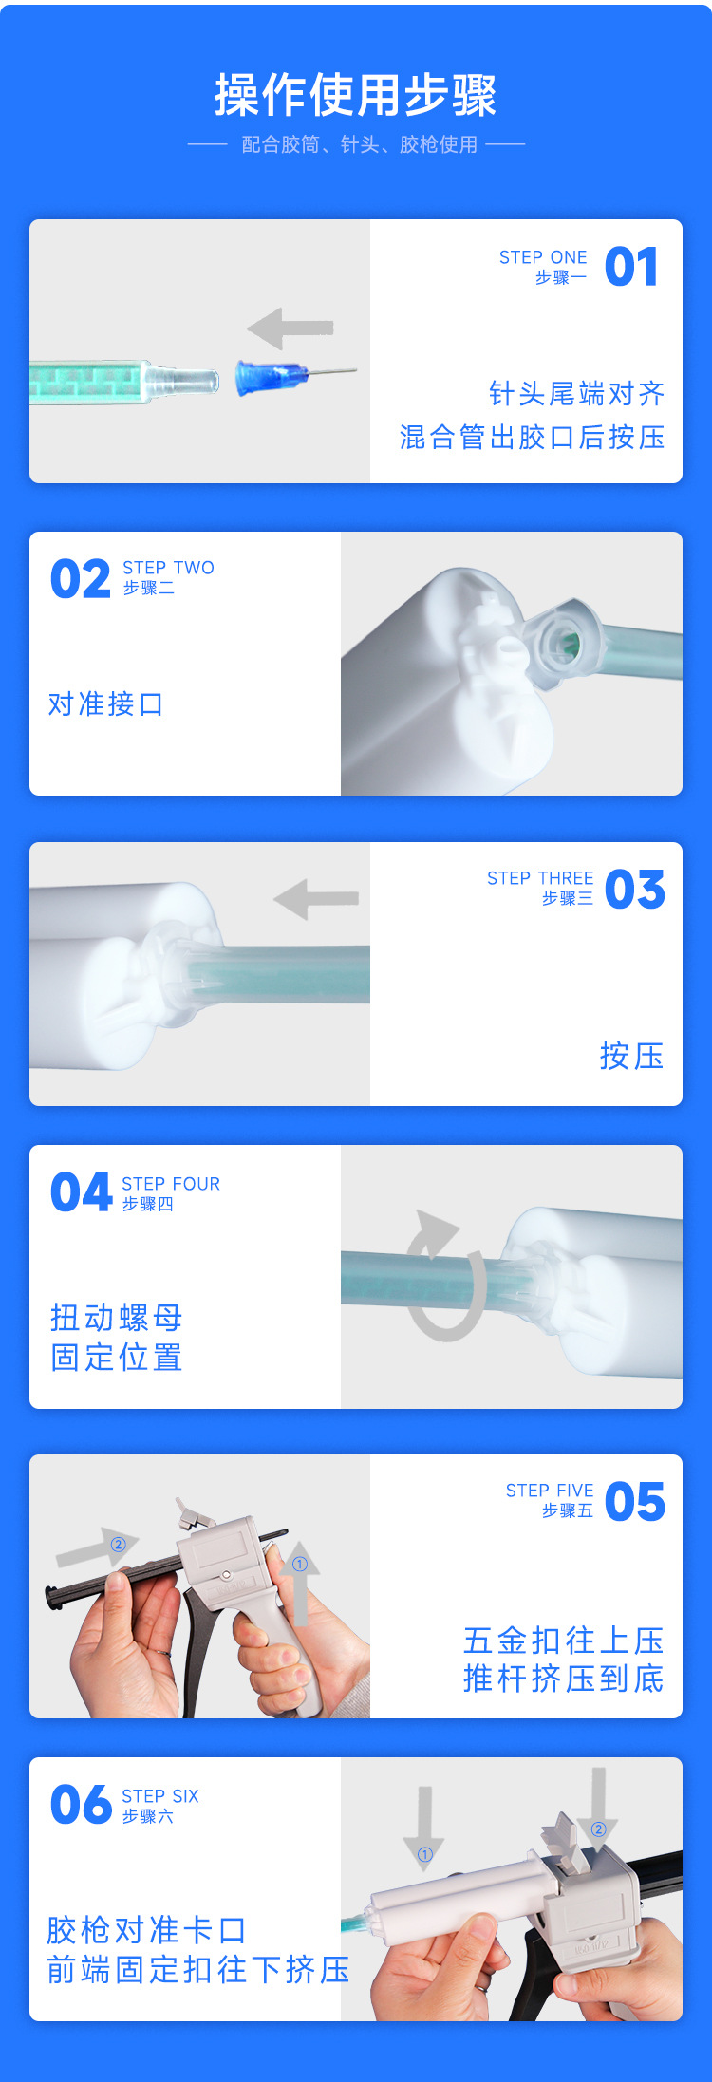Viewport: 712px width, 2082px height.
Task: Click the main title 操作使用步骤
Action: tap(356, 95)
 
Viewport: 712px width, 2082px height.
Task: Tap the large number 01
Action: tap(631, 267)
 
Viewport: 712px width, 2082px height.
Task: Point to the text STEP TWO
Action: tap(168, 568)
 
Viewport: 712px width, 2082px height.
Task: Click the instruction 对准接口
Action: tap(105, 704)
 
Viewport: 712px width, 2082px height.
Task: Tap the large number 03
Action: tap(634, 890)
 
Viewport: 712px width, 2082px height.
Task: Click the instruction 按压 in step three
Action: tap(631, 1056)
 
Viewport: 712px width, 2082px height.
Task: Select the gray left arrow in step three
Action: tap(316, 898)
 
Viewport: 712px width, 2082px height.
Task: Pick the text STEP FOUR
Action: tap(171, 1184)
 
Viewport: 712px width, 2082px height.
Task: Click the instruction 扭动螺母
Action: tap(116, 1318)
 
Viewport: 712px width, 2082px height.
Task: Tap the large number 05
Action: tap(634, 1502)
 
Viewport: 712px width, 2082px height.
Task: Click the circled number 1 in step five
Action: tap(300, 1565)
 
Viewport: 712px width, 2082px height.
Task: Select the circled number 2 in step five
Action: tap(119, 1545)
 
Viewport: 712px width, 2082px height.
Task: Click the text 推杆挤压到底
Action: tap(563, 1679)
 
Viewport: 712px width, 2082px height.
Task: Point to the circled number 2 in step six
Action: tap(598, 1829)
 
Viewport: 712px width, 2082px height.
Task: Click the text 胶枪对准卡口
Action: tap(146, 1930)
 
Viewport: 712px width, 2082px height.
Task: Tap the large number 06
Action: tap(82, 1805)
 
